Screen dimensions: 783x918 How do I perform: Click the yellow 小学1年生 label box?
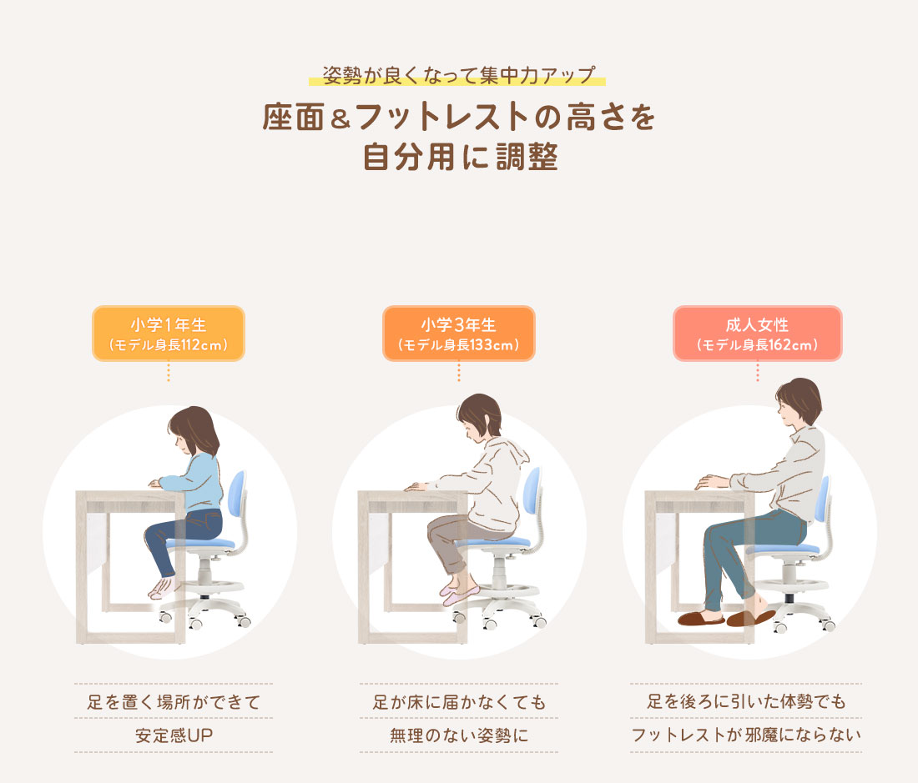168,334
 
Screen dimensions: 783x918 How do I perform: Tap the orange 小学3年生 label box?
458,334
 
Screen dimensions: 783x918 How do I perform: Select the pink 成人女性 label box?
757,334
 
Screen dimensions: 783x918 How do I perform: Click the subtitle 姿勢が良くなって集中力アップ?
457,75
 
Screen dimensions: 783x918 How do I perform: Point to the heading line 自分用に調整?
459,157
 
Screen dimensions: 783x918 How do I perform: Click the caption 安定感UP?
173,736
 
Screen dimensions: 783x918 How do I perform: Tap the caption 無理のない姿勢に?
459,736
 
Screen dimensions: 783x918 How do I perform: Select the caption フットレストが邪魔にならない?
745,736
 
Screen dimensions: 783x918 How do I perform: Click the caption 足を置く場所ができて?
173,702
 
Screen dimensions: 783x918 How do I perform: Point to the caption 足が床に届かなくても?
459,702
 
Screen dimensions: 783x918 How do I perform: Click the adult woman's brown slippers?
726,619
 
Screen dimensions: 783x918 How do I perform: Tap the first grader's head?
194,429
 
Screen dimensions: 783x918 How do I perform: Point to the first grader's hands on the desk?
156,483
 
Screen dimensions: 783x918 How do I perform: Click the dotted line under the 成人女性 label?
757,372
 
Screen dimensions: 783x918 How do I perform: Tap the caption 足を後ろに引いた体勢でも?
745,702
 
